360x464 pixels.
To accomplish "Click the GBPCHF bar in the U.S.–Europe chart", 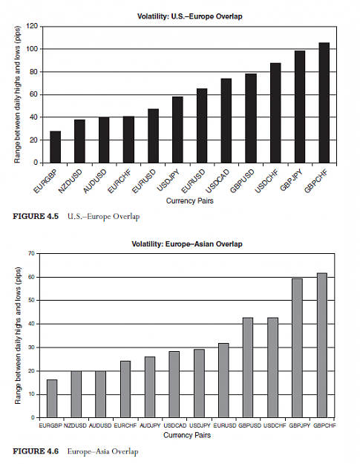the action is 324,102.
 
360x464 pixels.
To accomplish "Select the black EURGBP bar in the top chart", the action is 56,147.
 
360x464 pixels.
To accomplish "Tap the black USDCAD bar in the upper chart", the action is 226,121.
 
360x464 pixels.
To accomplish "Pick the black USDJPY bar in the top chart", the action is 177,130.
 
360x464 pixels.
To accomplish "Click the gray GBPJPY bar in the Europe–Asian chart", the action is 298,348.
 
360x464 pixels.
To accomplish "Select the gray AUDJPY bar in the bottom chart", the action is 150,387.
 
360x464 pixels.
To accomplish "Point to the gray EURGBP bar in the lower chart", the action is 52,399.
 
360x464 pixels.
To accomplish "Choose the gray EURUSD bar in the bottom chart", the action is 223,381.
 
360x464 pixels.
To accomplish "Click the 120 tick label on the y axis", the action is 32,26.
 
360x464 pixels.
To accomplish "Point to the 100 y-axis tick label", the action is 32,49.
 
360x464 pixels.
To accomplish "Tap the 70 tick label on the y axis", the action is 32,253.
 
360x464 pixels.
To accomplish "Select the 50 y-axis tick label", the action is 32,301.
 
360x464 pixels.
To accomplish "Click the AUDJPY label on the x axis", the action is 150,425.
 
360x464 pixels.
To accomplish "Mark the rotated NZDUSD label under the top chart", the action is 70,181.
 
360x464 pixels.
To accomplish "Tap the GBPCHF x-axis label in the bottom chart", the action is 325,425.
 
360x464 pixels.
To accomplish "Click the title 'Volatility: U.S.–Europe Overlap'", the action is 189,16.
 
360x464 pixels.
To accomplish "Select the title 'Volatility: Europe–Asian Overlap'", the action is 187,244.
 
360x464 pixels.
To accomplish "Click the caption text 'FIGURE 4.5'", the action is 36,216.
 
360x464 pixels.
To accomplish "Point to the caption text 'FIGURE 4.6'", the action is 36,451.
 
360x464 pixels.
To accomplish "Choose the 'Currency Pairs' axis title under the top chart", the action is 189,201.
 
